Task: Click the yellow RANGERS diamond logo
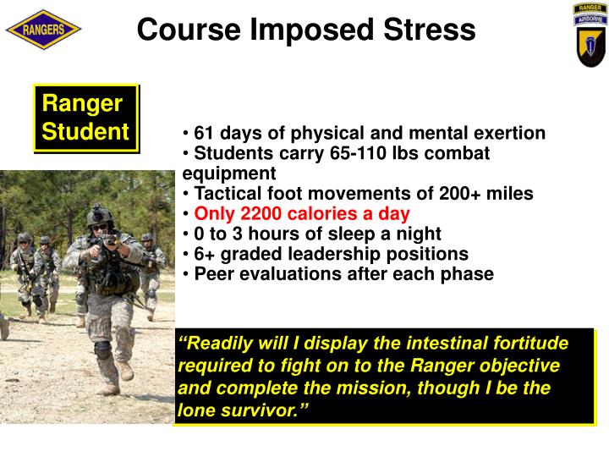[x=43, y=30]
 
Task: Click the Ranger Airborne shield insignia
[x=590, y=34]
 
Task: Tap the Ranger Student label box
[x=85, y=118]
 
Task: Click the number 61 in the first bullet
[x=204, y=134]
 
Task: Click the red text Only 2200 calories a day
[x=302, y=214]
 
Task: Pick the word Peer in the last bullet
[x=212, y=274]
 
